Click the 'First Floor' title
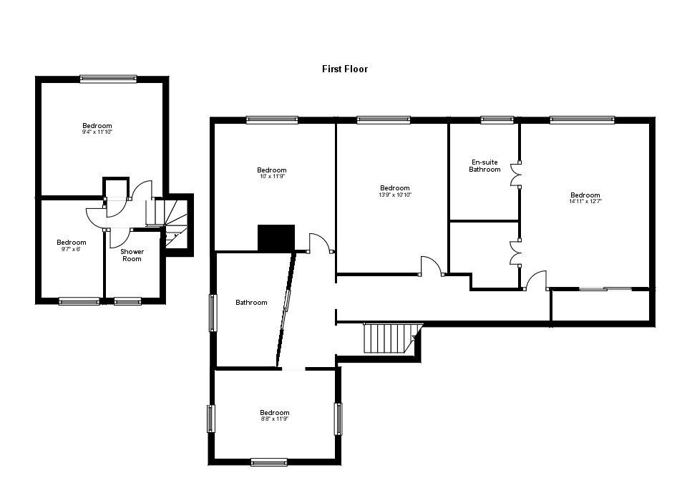coord(344,69)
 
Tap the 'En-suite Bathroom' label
coord(484,166)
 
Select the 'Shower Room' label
coord(132,255)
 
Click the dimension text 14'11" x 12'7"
coord(585,202)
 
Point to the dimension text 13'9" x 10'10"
coord(394,195)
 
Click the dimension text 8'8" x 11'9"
coord(274,419)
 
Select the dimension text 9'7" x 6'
coord(71,249)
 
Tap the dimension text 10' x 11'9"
coord(271,177)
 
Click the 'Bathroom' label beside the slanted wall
coord(251,303)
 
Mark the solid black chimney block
coord(276,238)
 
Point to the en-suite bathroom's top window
coord(497,120)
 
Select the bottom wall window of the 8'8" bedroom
coord(269,462)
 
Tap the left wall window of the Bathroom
coord(212,313)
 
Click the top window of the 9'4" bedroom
coord(108,79)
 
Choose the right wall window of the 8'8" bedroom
coord(338,419)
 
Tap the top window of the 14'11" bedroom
coord(582,120)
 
